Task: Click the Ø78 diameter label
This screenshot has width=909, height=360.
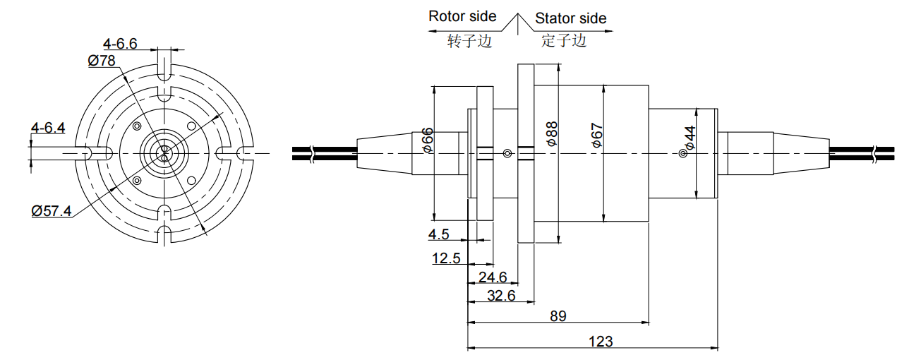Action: tap(102, 61)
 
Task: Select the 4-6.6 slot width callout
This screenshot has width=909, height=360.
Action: tap(119, 44)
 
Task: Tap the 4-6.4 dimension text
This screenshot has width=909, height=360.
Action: tap(48, 128)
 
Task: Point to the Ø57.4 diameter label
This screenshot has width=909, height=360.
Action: tap(52, 210)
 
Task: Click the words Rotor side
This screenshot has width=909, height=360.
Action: tap(462, 16)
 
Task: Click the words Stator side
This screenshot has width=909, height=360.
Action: tap(570, 18)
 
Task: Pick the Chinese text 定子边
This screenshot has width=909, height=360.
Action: tap(564, 41)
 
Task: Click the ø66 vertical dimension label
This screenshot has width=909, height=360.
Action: tap(427, 140)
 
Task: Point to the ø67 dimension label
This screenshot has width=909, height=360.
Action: tap(597, 135)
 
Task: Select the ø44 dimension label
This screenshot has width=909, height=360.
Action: tap(690, 138)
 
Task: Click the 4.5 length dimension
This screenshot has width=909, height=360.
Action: tap(438, 234)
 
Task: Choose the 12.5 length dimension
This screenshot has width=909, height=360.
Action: tap(446, 258)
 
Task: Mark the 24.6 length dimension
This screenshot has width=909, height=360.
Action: tap(493, 277)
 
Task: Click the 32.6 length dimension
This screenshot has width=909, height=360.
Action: tap(501, 295)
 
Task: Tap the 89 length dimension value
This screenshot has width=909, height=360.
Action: tap(558, 316)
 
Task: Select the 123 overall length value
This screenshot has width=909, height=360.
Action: tap(600, 342)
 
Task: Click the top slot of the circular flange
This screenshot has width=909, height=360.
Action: tap(164, 66)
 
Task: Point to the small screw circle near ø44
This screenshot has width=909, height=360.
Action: tap(682, 154)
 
